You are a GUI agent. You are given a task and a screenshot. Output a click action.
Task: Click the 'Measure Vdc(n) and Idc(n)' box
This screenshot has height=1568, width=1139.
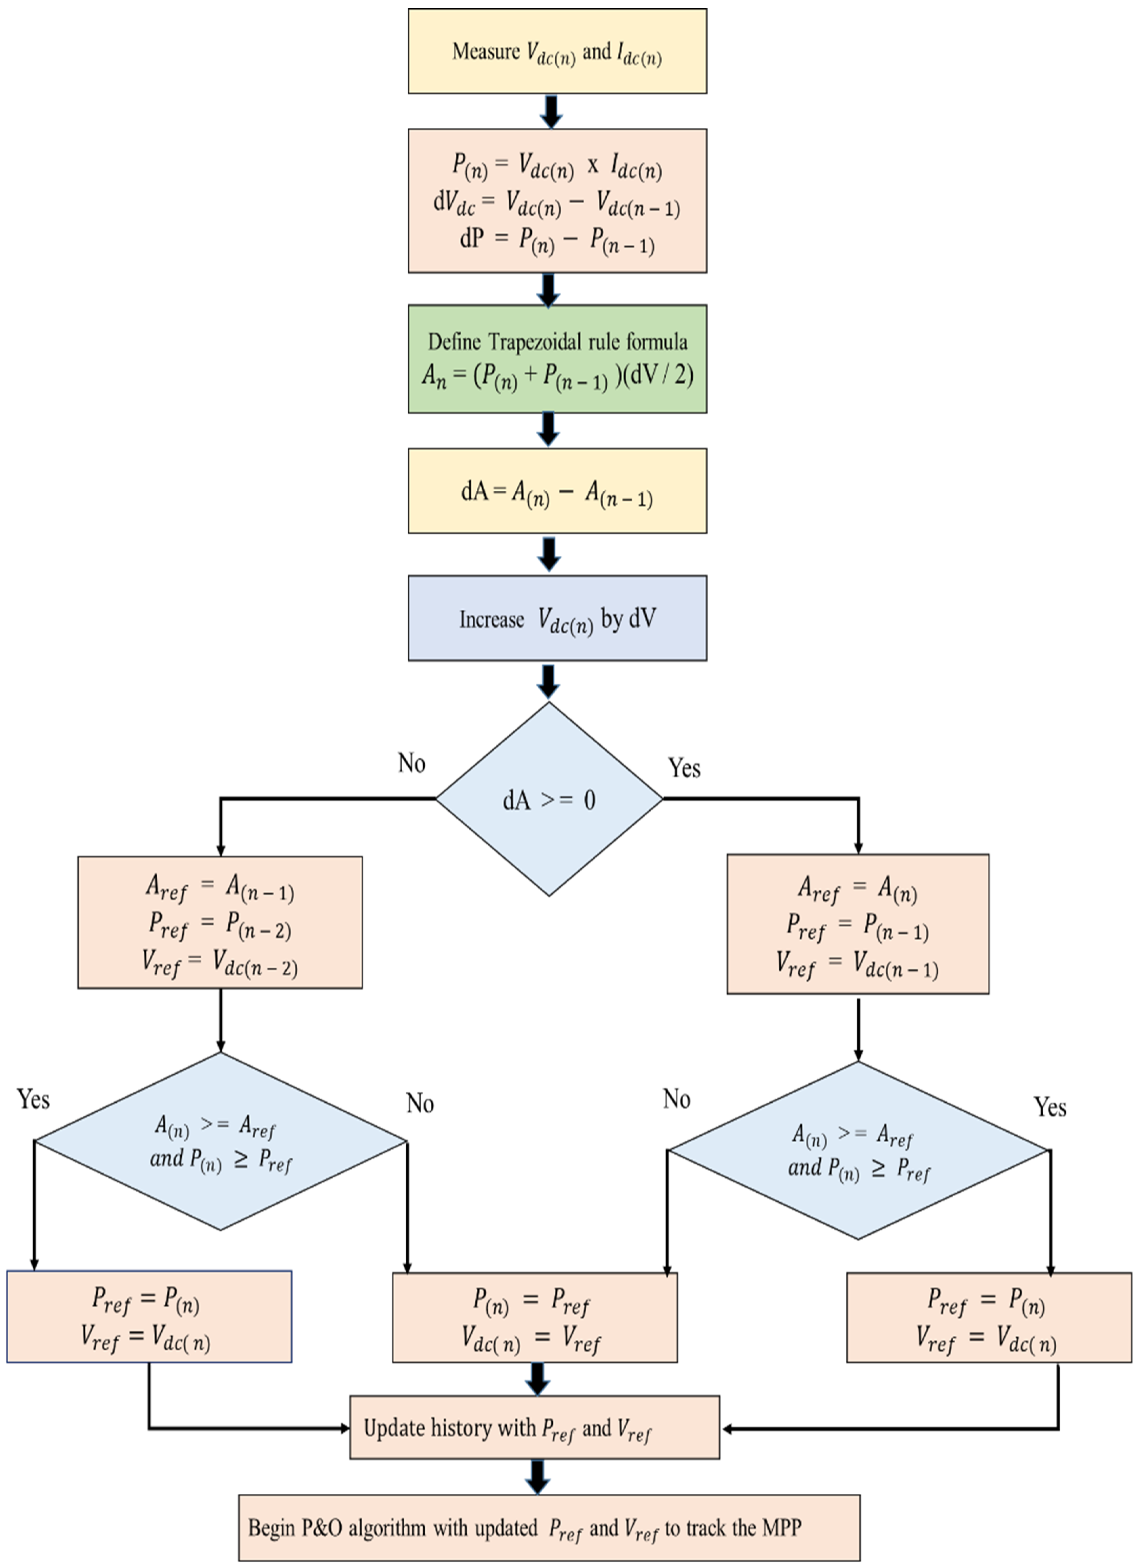pos(557,51)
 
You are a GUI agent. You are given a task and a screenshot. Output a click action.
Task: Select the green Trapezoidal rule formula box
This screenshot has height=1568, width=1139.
pos(557,359)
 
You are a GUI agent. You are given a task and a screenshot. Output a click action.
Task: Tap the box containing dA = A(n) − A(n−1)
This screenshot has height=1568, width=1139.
pos(557,491)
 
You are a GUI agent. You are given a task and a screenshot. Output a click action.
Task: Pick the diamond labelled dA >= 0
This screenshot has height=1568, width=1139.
pos(548,799)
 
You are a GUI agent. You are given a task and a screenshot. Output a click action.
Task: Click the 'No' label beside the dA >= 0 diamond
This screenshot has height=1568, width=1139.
pos(411,763)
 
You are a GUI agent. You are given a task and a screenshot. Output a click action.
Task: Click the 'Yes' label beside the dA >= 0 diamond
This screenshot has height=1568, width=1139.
pos(684,767)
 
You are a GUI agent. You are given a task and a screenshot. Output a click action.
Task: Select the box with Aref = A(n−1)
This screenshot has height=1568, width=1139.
pos(220,922)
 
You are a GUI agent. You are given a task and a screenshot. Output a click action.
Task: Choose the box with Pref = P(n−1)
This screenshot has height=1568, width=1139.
pos(858,924)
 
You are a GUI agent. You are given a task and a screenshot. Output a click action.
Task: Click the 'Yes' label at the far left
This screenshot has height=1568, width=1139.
pos(33,1099)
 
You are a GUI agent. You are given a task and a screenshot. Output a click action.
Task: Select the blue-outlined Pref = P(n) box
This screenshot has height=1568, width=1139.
pos(149,1317)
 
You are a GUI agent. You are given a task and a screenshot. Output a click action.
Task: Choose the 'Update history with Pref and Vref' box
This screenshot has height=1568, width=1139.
pos(534,1428)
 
